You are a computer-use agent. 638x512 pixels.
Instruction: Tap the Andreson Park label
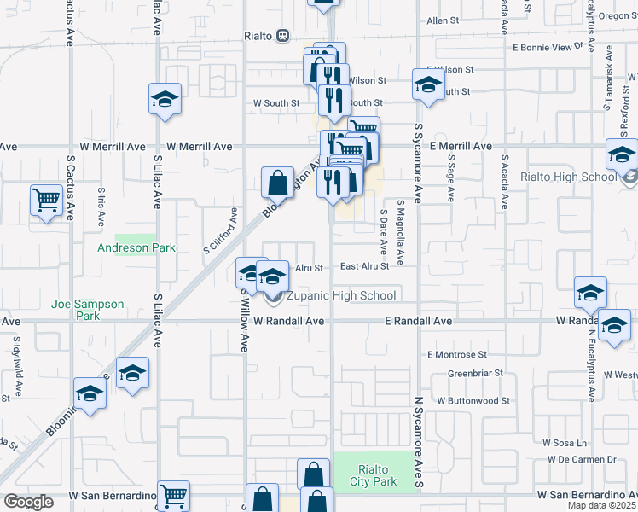pyautogui.click(x=136, y=248)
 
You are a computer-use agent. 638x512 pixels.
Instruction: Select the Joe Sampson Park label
pyautogui.click(x=88, y=310)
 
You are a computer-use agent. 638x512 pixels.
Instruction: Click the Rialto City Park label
pyautogui.click(x=374, y=476)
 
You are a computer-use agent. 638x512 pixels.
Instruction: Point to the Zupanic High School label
pyautogui.click(x=340, y=296)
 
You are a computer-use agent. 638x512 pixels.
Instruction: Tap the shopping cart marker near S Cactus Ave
pyautogui.click(x=47, y=201)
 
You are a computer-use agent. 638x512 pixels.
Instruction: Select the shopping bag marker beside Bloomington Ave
pyautogui.click(x=277, y=183)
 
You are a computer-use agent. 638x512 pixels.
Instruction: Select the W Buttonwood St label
pyautogui.click(x=473, y=400)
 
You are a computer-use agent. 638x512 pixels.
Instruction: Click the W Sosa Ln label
pyautogui.click(x=565, y=444)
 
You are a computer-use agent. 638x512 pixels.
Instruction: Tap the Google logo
pyautogui.click(x=28, y=503)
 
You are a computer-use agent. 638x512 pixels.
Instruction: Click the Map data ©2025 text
pyautogui.click(x=601, y=505)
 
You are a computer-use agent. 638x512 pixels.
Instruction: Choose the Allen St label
pyautogui.click(x=443, y=20)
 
